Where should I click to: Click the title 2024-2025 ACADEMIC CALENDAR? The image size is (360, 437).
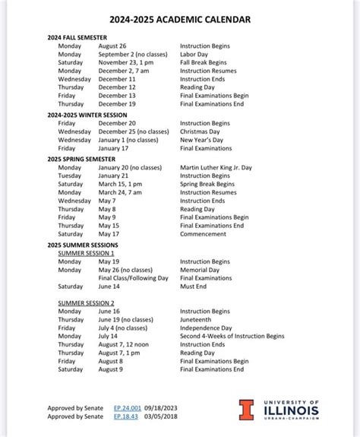click(x=180, y=19)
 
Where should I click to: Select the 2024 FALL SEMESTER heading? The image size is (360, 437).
click(x=77, y=37)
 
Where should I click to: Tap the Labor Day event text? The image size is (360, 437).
click(x=195, y=54)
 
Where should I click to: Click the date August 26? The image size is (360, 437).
click(x=112, y=46)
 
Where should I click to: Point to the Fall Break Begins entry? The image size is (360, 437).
click(x=203, y=62)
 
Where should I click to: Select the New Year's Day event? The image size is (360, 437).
click(x=201, y=140)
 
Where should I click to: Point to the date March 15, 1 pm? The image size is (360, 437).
click(x=120, y=184)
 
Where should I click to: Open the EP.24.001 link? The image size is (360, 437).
click(x=127, y=408)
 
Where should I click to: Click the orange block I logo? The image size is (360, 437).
click(x=246, y=410)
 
